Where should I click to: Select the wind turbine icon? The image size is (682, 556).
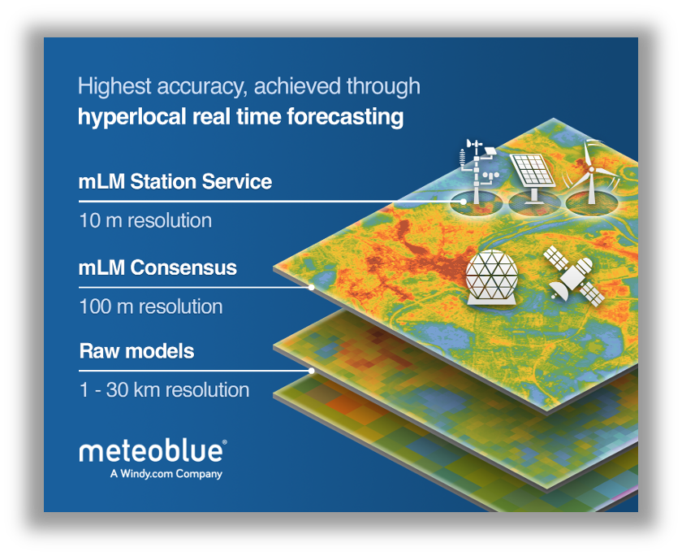(590, 172)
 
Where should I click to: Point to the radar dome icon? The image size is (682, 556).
(491, 277)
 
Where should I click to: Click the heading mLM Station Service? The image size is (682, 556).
(175, 181)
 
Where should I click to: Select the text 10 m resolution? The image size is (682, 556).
(145, 220)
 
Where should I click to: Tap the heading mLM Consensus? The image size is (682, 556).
(158, 267)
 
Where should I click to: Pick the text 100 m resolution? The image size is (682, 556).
(151, 306)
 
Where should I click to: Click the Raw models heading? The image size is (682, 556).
(136, 351)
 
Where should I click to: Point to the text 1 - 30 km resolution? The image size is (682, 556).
(164, 389)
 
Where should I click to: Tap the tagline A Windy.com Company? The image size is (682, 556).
(166, 474)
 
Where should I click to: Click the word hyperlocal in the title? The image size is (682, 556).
(132, 117)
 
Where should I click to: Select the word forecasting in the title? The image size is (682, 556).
(345, 117)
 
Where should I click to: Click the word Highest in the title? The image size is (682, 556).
(114, 86)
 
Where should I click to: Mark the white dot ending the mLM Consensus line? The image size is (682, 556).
(312, 288)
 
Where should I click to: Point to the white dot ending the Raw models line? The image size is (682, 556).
(312, 371)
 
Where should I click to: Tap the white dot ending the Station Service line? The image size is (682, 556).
(464, 202)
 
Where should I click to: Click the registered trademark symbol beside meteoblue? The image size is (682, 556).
(224, 442)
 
